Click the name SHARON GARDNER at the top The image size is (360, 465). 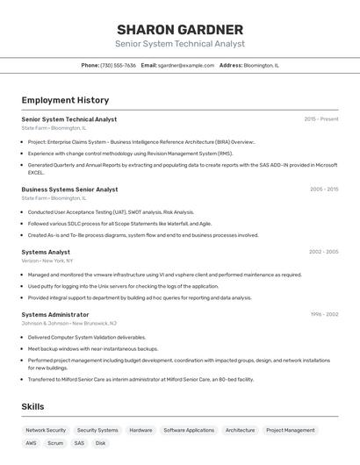pyautogui.click(x=180, y=29)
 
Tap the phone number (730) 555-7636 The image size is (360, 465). pyautogui.click(x=118, y=65)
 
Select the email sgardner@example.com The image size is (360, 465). pyautogui.click(x=186, y=65)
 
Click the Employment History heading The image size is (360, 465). pyautogui.click(x=65, y=100)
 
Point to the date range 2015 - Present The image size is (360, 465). pyautogui.click(x=321, y=119)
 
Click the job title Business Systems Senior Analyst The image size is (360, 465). pyautogui.click(x=69, y=189)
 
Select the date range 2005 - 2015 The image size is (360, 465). pyautogui.click(x=324, y=189)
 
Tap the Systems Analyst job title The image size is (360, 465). pyautogui.click(x=46, y=252)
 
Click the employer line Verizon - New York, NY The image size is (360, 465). pyautogui.click(x=47, y=261)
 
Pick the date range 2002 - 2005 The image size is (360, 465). pyautogui.click(x=323, y=252)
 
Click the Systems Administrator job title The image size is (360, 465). pyautogui.click(x=55, y=314)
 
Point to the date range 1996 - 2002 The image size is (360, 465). pyautogui.click(x=324, y=314)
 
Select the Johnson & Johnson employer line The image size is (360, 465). pyautogui.click(x=69, y=323)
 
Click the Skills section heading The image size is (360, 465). pyautogui.click(x=32, y=406)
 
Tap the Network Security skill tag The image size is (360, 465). pyautogui.click(x=46, y=430)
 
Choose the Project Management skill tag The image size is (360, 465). pyautogui.click(x=291, y=430)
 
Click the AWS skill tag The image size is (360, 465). pyautogui.click(x=31, y=443)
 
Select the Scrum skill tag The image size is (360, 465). pyautogui.click(x=55, y=443)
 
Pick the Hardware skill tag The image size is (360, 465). pyautogui.click(x=140, y=430)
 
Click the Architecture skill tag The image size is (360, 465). pyautogui.click(x=240, y=430)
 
